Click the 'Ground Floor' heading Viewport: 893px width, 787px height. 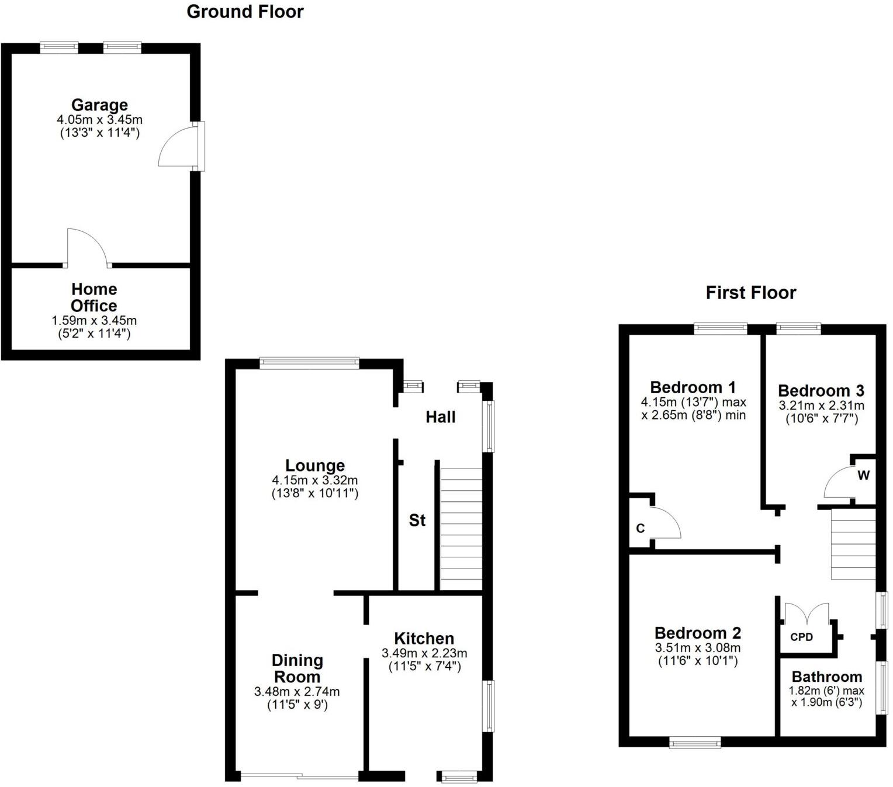(x=245, y=12)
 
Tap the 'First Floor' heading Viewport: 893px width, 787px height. (x=750, y=293)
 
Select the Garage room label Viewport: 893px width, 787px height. (x=99, y=105)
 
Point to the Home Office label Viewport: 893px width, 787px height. (x=94, y=297)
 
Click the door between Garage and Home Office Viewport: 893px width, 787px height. (x=86, y=248)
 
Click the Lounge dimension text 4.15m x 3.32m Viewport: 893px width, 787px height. (x=314, y=480)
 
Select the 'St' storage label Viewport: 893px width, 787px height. (x=417, y=521)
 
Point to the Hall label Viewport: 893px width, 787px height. (x=440, y=417)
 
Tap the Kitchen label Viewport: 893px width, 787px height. (x=424, y=639)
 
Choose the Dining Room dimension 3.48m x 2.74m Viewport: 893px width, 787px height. (x=297, y=692)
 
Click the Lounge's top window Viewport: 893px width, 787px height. (x=309, y=363)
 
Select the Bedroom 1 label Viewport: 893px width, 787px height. (x=693, y=387)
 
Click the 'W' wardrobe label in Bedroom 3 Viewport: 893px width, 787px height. (x=863, y=476)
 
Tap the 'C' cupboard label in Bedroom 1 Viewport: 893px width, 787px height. (x=640, y=528)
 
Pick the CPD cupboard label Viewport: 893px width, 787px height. (x=801, y=637)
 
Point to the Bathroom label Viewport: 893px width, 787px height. (x=826, y=677)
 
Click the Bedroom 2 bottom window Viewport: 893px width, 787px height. (x=695, y=743)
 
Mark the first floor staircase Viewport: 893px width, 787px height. (x=853, y=543)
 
